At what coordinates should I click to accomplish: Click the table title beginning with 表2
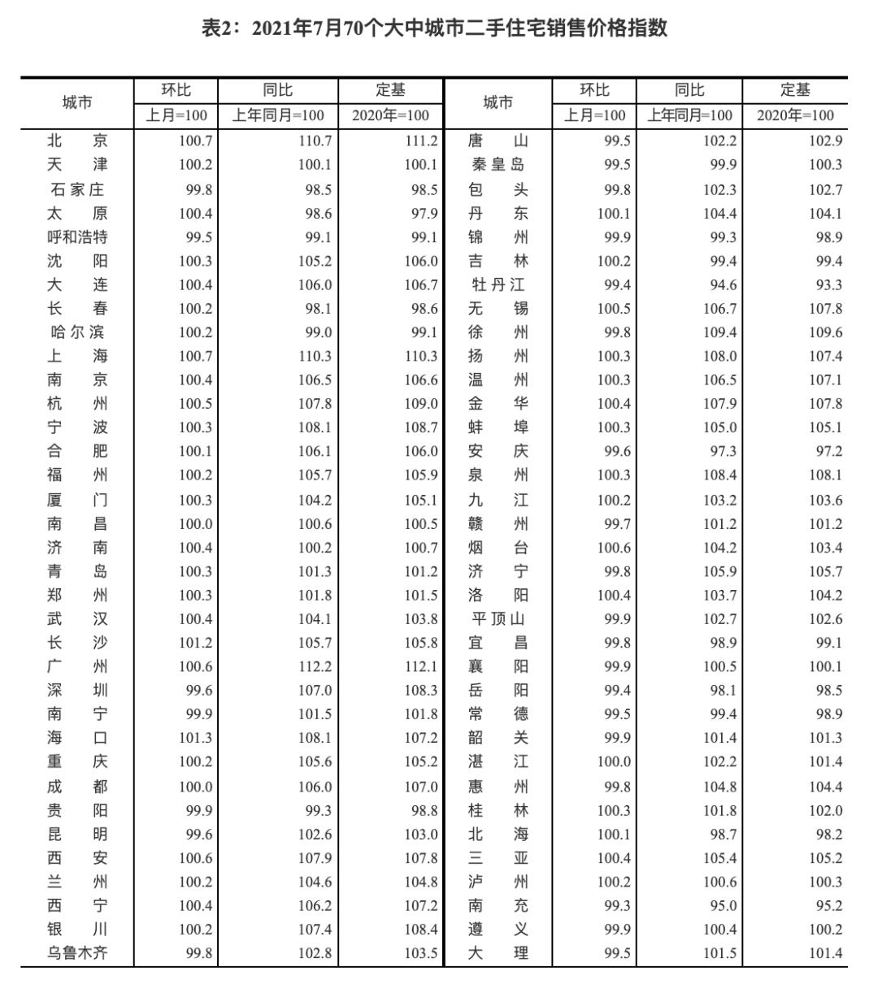pos(434,28)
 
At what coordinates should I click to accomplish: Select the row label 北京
pos(77,141)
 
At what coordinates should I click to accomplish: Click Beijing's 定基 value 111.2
pos(421,141)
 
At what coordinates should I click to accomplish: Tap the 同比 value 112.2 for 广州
pos(315,667)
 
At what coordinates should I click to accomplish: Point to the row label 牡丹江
pos(498,284)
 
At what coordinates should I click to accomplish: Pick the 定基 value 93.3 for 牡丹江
pos(825,285)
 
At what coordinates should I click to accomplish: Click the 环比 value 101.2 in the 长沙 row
pos(195,643)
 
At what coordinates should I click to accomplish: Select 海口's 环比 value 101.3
pos(195,738)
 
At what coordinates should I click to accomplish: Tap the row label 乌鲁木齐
pos(77,953)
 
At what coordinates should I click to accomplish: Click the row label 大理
pos(498,953)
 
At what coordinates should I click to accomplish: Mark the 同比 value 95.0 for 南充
pos(720,905)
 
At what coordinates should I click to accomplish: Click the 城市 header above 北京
pos(77,102)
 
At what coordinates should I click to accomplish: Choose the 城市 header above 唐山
pos(498,102)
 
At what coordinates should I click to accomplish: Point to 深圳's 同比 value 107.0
pos(315,691)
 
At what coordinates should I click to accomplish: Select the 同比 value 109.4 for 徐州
pos(720,332)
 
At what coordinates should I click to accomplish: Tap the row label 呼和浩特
pos(77,237)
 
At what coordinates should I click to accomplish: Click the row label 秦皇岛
pos(498,165)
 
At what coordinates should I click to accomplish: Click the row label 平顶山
pos(498,619)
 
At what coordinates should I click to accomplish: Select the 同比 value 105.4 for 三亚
pos(720,858)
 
